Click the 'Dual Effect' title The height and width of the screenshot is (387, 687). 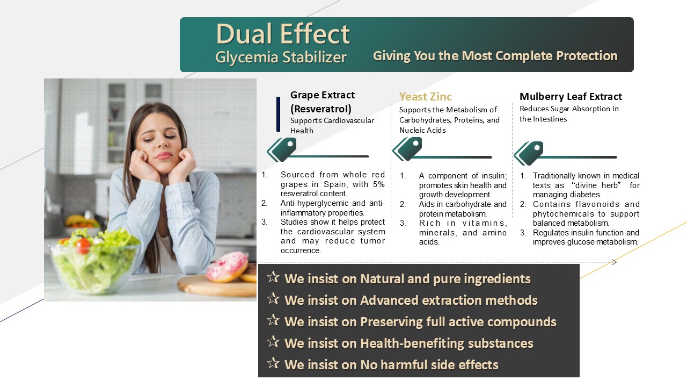tap(283, 34)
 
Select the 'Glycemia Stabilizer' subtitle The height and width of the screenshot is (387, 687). tap(281, 57)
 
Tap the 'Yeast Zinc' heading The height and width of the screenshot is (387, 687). tap(426, 97)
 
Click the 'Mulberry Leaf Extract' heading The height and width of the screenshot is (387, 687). tap(571, 97)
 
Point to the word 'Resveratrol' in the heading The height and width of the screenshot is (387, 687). tap(321, 109)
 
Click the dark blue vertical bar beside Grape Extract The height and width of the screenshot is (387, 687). tap(278, 114)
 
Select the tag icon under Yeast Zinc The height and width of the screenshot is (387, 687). tap(407, 149)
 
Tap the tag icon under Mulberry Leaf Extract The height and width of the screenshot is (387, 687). tap(529, 153)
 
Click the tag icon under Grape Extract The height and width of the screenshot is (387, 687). tap(282, 149)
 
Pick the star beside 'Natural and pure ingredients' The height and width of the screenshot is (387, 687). tap(273, 277)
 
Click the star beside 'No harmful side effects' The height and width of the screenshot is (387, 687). tap(273, 363)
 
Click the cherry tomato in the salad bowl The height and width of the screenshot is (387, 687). tap(83, 246)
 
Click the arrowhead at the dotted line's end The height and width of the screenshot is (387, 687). tap(615, 262)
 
